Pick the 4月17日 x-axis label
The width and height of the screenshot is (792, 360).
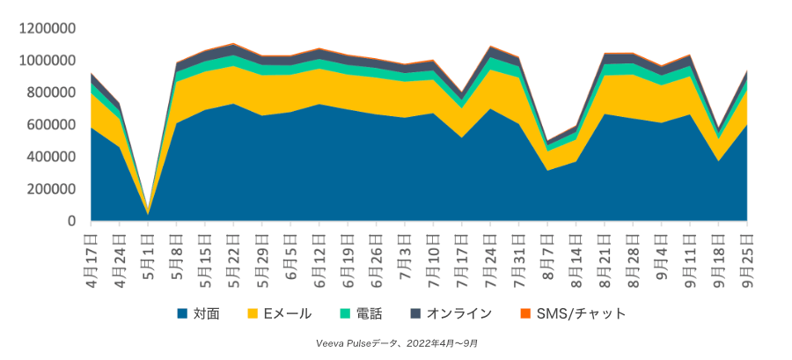[x=90, y=253]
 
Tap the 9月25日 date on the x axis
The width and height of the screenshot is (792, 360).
[x=747, y=253]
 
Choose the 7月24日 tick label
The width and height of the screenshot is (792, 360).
[x=490, y=253]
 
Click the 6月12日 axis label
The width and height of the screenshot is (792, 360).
[x=319, y=253]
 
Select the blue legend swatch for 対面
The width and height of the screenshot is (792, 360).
[x=182, y=312]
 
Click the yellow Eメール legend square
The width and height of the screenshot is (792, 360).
[x=252, y=312]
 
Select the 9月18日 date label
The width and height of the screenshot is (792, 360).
[x=718, y=253]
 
